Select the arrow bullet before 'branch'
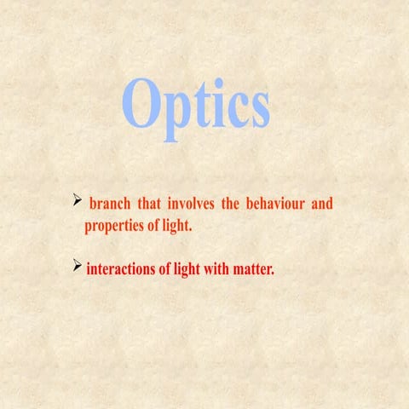(76, 202)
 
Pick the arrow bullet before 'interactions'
(76, 267)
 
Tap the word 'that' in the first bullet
(153, 204)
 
